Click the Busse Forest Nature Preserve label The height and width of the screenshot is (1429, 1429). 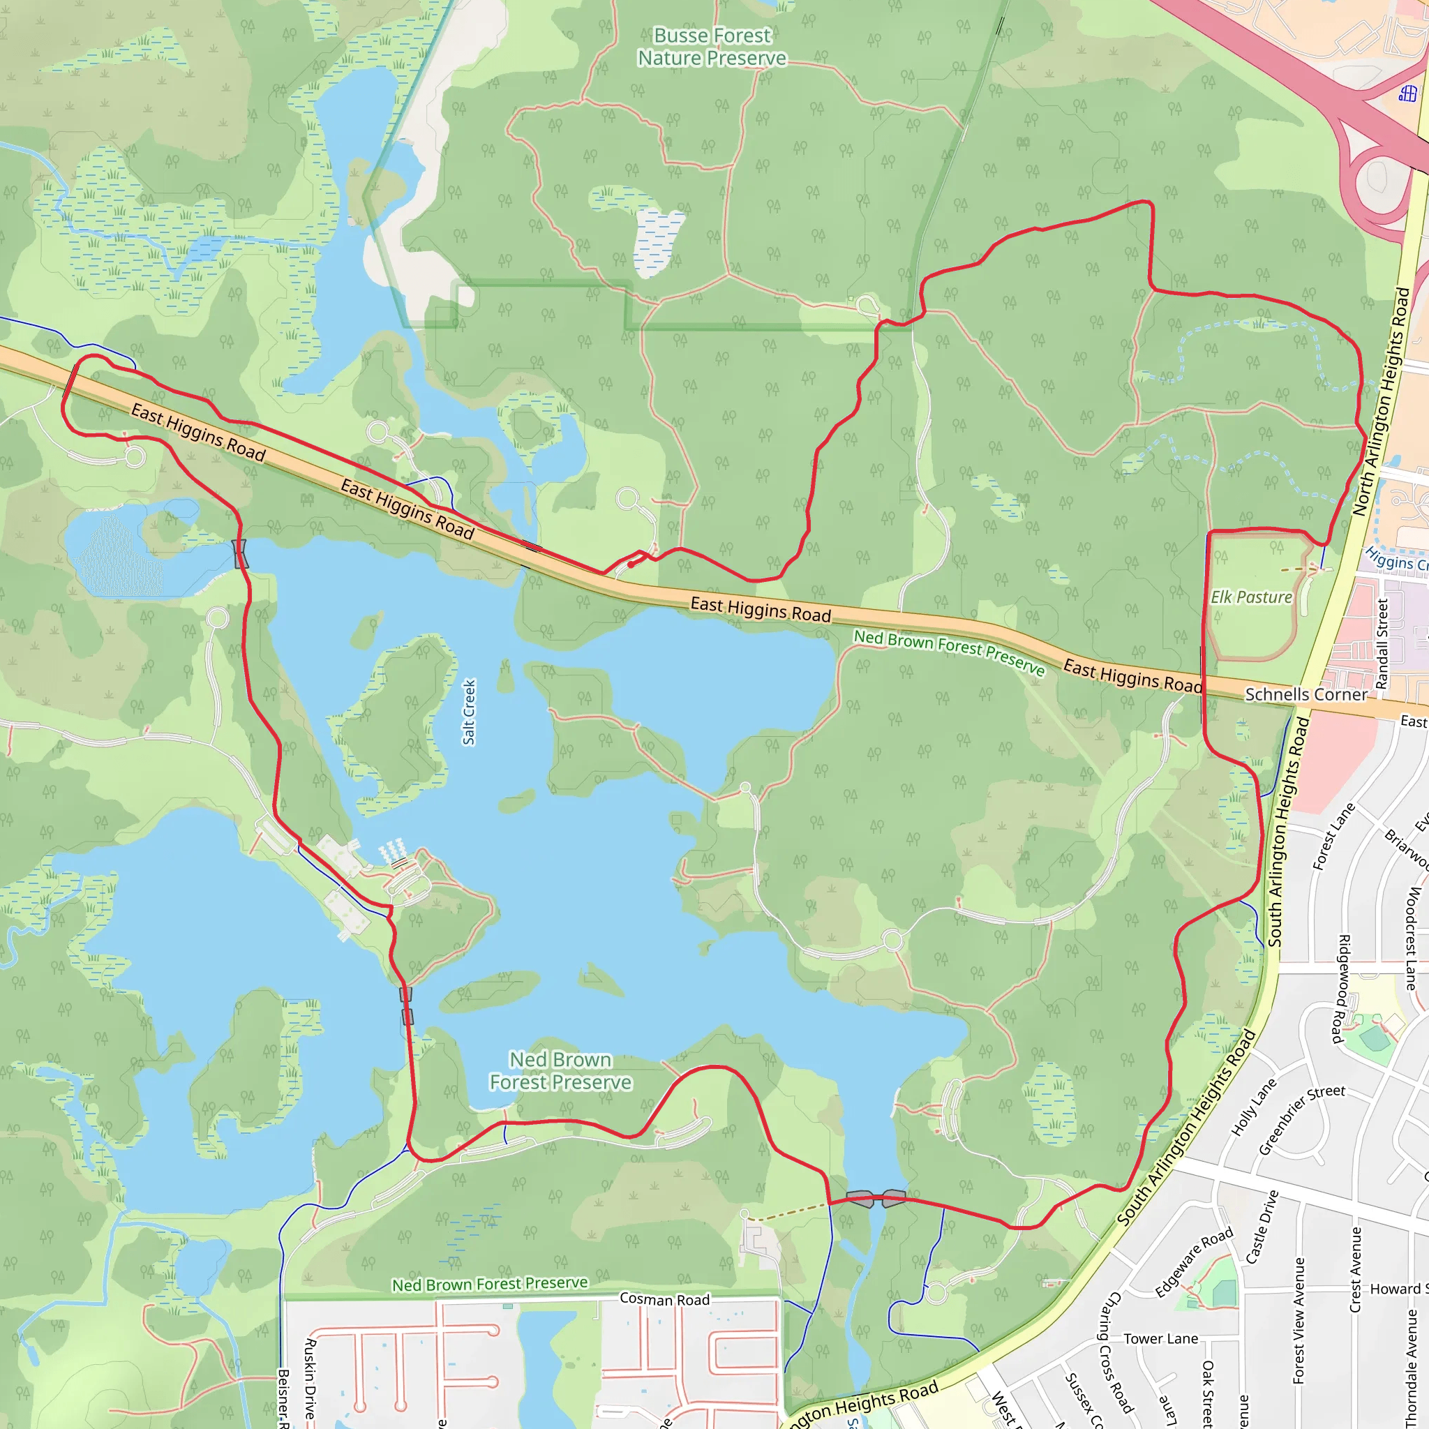click(712, 47)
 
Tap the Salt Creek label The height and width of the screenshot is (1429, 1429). click(469, 712)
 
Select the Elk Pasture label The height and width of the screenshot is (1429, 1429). click(1252, 597)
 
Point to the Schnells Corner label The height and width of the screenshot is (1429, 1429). click(1306, 694)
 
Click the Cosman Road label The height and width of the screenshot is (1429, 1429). click(664, 1299)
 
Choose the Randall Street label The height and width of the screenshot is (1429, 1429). click(1382, 643)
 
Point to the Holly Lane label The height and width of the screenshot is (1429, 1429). click(1254, 1107)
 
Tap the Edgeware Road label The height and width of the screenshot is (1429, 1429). click(1194, 1261)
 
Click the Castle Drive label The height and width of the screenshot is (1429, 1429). click(1262, 1227)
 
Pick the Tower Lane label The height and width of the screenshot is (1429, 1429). click(1160, 1339)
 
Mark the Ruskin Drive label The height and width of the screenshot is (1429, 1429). click(311, 1377)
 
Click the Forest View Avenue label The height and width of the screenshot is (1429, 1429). click(1299, 1320)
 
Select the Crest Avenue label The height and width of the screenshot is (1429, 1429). click(1356, 1270)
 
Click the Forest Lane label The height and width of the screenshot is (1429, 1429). click(1333, 837)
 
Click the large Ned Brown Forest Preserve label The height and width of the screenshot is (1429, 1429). click(561, 1071)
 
